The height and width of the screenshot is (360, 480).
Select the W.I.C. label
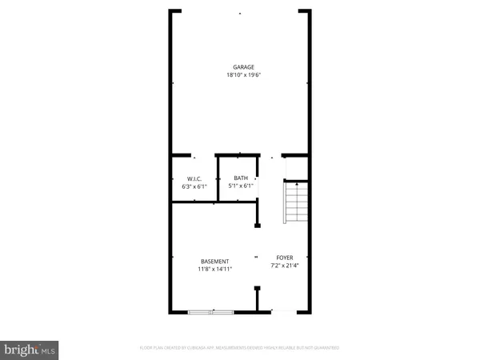tap(193, 178)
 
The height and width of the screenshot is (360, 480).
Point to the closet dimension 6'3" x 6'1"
tap(194, 186)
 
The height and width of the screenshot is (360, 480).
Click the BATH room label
tap(240, 178)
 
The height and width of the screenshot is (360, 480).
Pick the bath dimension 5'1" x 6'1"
tap(241, 186)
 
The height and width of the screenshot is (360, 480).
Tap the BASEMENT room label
tap(215, 262)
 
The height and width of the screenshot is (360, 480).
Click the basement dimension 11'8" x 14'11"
tap(215, 270)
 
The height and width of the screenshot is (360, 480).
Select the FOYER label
tap(285, 258)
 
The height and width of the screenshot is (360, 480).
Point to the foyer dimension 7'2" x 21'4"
tap(285, 266)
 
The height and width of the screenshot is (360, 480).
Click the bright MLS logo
tap(30, 350)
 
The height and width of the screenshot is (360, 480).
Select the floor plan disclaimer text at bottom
tap(239, 348)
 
